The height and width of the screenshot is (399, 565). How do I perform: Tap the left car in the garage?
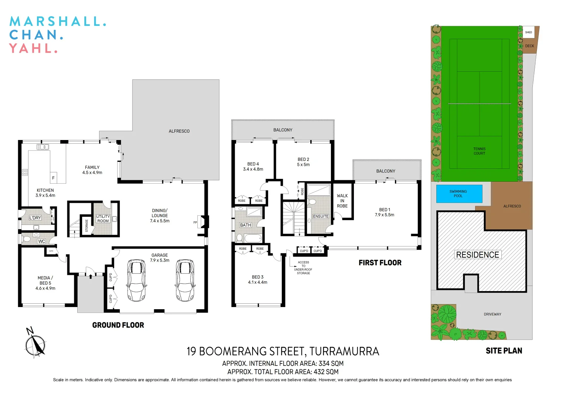[136, 280]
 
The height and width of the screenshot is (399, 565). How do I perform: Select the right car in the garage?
[185, 280]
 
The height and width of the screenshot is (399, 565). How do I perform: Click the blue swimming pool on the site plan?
[459, 194]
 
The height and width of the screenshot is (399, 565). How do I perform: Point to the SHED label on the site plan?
[528, 32]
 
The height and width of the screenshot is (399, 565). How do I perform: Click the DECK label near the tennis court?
[530, 46]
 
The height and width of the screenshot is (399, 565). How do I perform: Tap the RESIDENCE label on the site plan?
[477, 255]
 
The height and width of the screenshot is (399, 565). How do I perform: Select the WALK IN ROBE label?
[342, 201]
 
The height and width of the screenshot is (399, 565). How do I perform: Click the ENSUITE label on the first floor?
[321, 216]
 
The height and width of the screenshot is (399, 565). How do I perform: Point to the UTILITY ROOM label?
[103, 219]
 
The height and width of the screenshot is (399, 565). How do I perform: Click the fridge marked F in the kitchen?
[53, 178]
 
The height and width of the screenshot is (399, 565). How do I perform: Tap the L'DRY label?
[35, 218]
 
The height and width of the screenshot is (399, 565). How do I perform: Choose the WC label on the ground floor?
[41, 241]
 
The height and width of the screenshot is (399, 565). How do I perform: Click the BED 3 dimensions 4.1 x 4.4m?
[257, 282]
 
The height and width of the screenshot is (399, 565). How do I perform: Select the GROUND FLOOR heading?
[118, 325]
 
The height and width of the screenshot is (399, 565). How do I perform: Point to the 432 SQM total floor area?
[326, 372]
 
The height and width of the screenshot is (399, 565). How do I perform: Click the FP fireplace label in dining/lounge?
[195, 222]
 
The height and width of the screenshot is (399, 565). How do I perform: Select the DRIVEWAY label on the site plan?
[492, 314]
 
